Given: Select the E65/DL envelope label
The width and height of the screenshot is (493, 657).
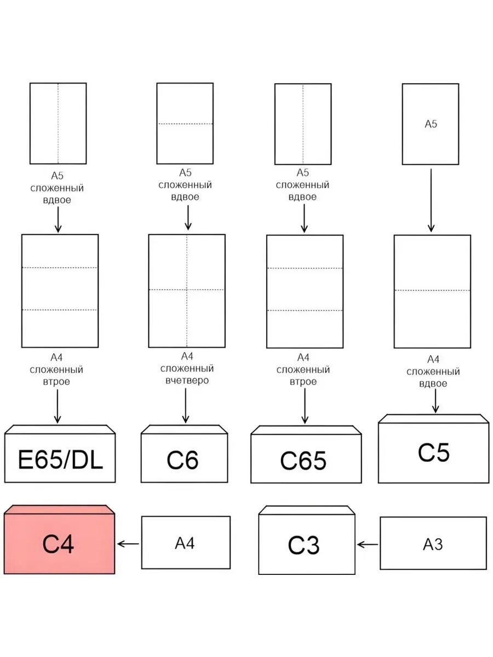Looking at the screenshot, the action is point(60,459).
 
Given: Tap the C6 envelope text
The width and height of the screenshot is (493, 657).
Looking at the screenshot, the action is point(182,460).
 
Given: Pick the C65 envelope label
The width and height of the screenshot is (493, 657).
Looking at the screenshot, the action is point(303,460).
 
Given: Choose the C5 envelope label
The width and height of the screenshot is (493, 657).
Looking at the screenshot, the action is point(433,452).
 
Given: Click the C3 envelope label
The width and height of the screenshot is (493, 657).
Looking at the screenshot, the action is point(303,545).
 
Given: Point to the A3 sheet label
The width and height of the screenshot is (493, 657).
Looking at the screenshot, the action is point(433,544).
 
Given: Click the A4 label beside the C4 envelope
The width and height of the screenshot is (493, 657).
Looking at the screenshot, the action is point(185,543).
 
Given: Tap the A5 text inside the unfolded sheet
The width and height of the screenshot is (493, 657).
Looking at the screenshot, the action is point(431,124).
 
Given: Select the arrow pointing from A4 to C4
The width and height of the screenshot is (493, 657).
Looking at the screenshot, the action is point(128,544).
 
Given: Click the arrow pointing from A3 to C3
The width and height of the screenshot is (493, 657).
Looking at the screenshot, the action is point(368,544).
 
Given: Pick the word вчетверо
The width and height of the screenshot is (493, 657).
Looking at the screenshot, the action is point(187,381).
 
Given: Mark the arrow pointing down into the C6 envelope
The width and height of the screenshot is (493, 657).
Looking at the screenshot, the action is point(186,405).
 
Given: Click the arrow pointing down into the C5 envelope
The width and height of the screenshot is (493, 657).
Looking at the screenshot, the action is point(435,401).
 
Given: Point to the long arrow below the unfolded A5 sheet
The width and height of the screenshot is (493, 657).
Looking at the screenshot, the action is point(431,200).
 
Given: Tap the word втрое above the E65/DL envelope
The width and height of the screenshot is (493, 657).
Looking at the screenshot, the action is point(56,382).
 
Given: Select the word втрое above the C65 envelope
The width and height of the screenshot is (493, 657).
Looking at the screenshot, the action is point(303,382).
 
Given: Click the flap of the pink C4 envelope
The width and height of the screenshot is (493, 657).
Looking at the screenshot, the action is point(59,510).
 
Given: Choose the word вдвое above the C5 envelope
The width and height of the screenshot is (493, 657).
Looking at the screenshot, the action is point(433,383).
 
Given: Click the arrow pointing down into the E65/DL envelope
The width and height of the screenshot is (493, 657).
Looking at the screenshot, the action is point(58,406).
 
